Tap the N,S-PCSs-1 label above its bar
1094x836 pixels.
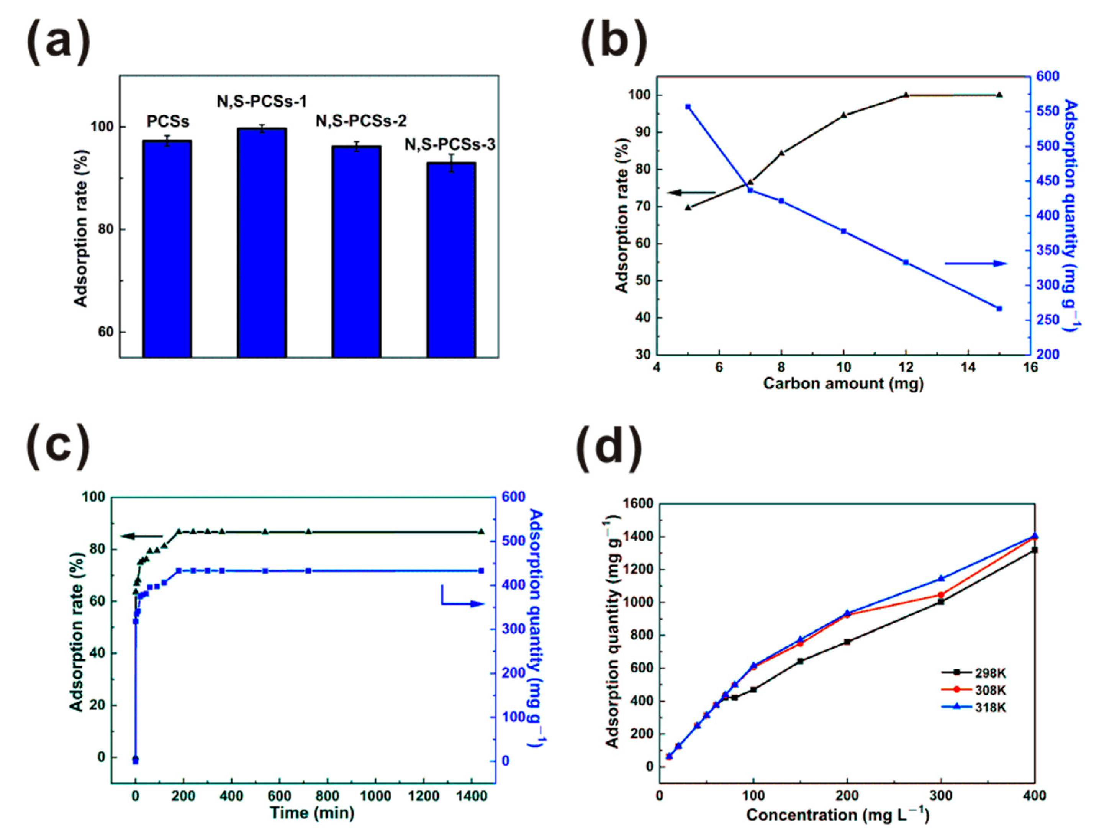(262, 102)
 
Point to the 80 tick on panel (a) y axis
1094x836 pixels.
(103, 229)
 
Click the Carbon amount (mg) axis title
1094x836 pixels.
(843, 383)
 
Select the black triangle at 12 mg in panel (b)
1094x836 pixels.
(906, 95)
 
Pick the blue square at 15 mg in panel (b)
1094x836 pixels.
(999, 308)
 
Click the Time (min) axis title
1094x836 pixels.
(312, 813)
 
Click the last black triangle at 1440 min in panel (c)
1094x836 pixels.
(481, 531)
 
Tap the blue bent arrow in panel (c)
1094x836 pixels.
(461, 600)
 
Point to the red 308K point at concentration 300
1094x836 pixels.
(941, 595)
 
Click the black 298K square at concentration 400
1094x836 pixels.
(1035, 550)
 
